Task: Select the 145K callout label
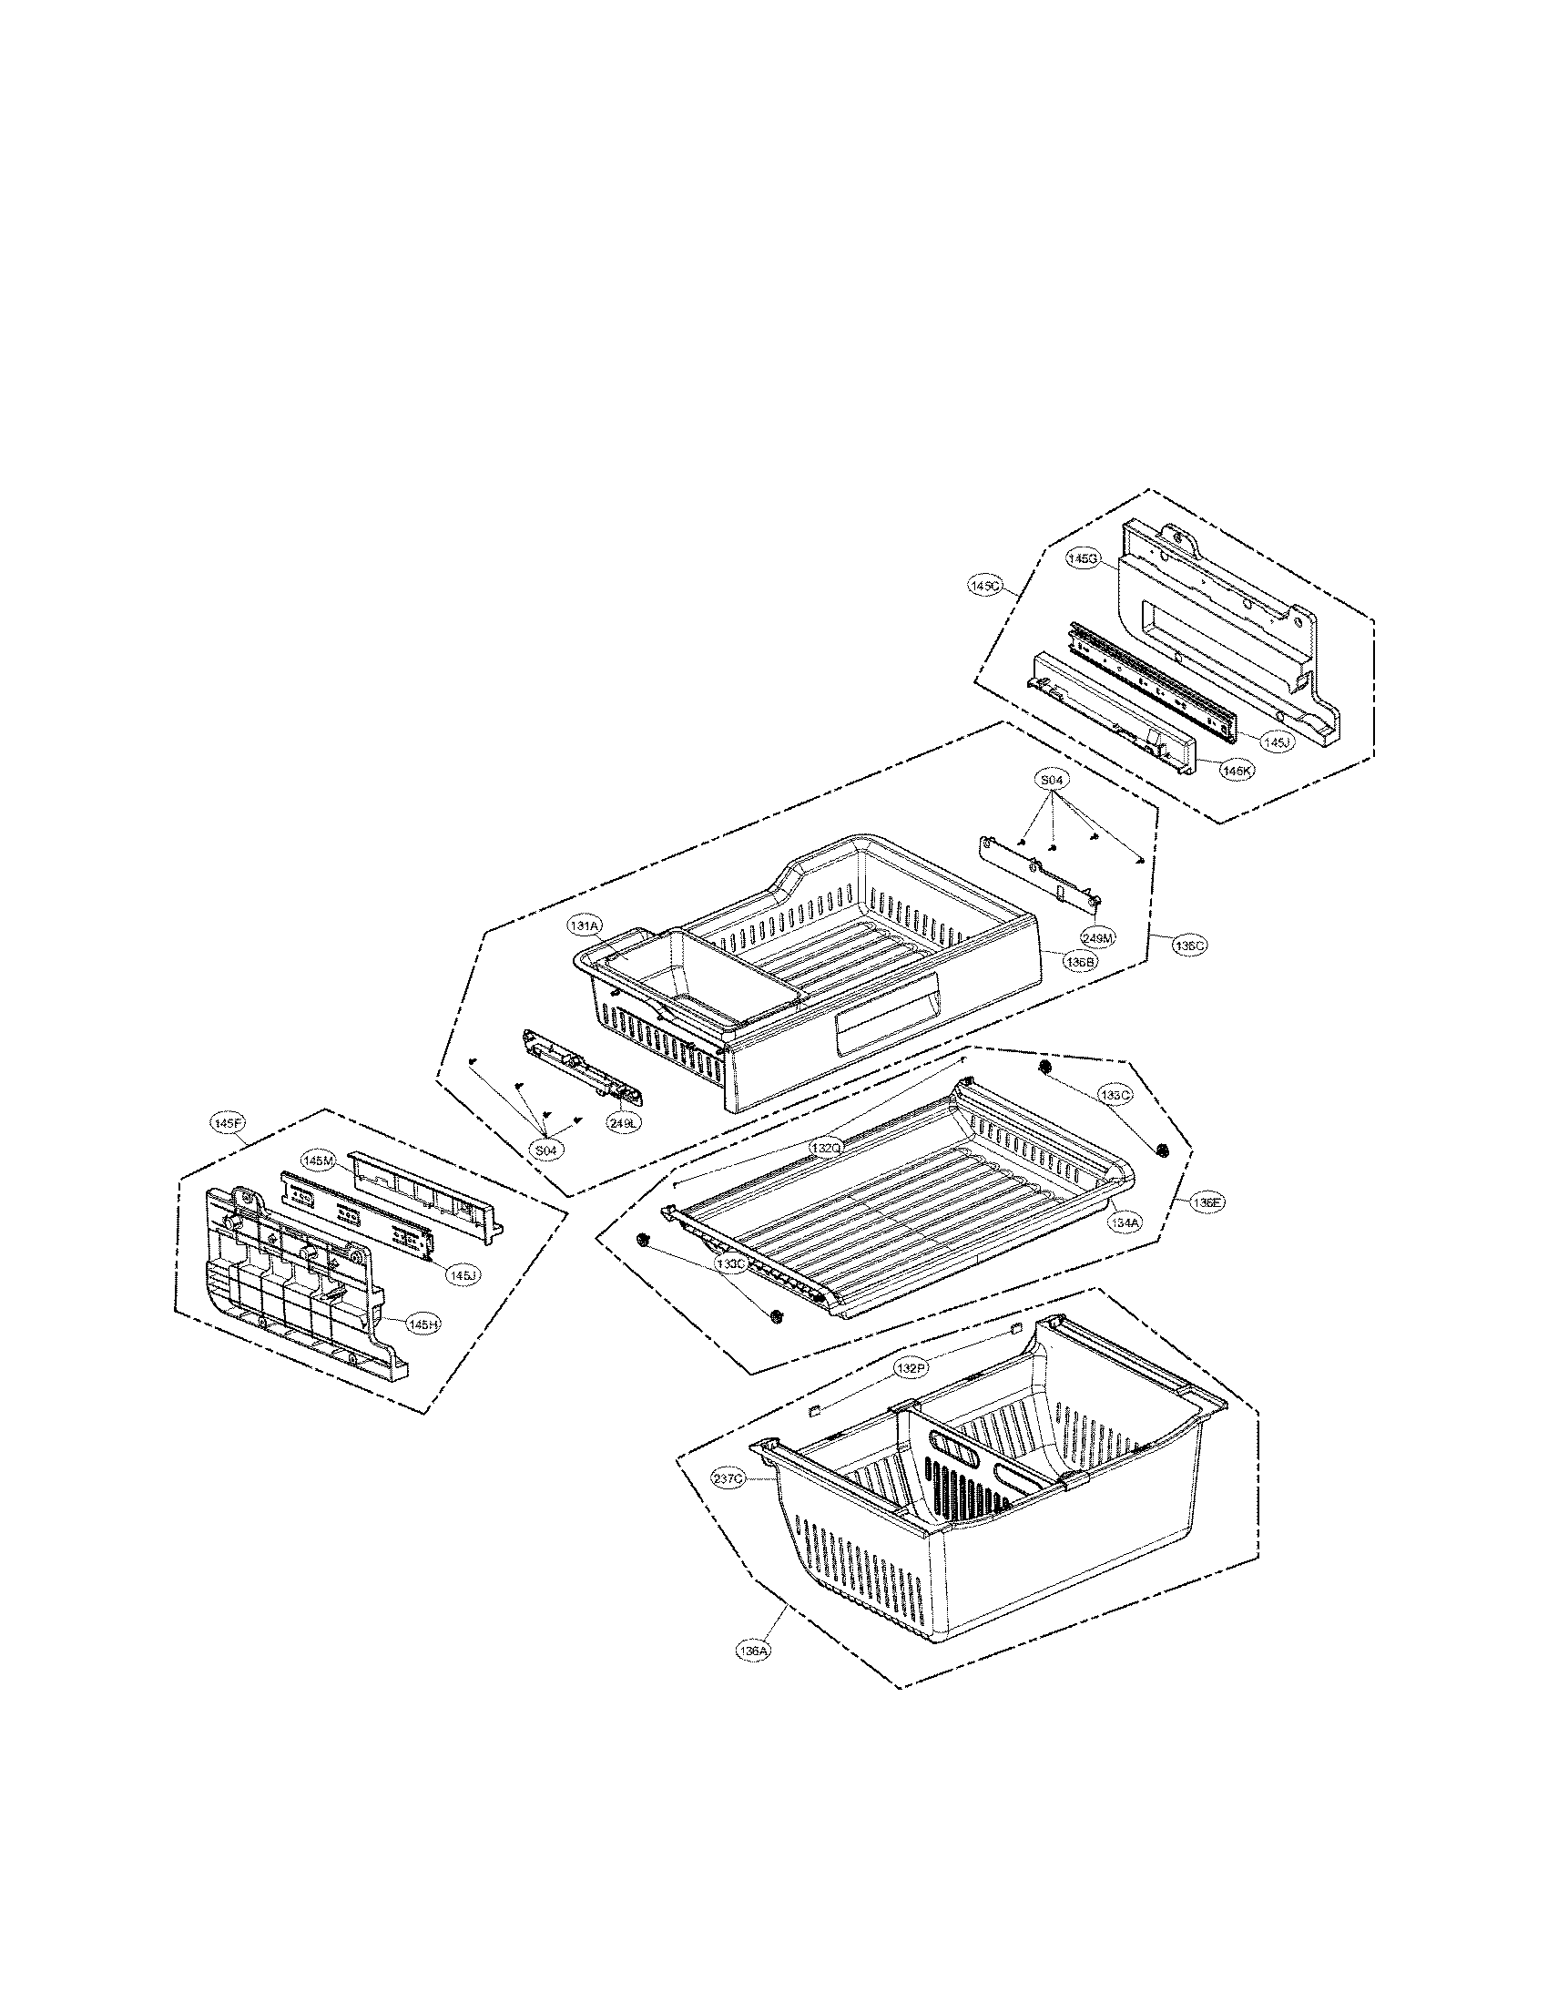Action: [x=1237, y=772]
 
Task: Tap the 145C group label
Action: [x=984, y=584]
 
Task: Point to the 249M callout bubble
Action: [x=1098, y=937]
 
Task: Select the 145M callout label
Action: [x=318, y=1161]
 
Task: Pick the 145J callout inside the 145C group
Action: [x=1276, y=742]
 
